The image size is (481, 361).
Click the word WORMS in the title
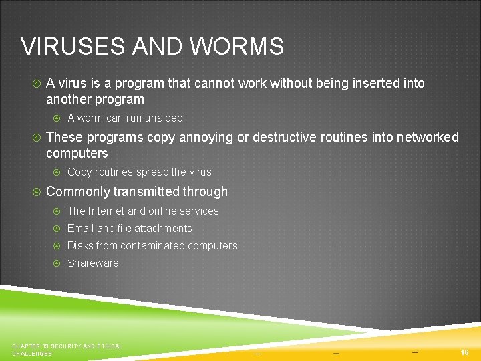coord(236,47)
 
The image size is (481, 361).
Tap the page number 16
coord(464,352)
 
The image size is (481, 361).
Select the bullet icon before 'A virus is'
coord(37,84)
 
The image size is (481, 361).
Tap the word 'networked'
coord(428,138)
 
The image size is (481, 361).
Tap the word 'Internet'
coord(106,211)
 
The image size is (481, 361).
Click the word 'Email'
coord(81,229)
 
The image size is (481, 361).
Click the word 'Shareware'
coord(93,263)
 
